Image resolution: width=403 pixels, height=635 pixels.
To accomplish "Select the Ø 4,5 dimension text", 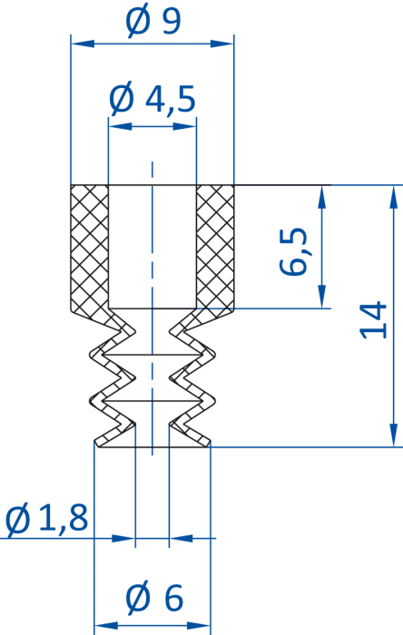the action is [x=152, y=99].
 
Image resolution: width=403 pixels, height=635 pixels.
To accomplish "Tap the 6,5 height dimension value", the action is [x=293, y=252].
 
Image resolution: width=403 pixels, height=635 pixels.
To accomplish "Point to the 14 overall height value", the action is [x=373, y=319].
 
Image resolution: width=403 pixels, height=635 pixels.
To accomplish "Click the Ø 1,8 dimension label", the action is [x=46, y=518].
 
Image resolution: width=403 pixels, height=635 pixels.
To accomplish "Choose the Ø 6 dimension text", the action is [x=154, y=598].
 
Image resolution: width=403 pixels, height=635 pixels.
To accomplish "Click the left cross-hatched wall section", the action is [x=90, y=249].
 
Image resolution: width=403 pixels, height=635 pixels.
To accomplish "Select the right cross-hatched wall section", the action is [x=215, y=249].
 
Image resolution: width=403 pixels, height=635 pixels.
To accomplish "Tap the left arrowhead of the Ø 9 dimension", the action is [x=83, y=44].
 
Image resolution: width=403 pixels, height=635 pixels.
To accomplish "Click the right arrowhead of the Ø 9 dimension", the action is [x=222, y=44].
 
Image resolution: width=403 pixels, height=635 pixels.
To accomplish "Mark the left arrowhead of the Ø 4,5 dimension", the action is [x=121, y=126].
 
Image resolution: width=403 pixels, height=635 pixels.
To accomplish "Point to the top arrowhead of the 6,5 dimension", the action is [x=322, y=197].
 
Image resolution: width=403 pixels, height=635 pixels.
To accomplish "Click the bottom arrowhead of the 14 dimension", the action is [x=393, y=435].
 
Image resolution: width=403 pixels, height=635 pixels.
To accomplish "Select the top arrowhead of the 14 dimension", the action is [x=393, y=197].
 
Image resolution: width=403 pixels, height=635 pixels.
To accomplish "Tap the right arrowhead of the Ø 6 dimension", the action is [x=199, y=626].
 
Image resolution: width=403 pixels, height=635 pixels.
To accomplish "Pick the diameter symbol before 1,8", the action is [x=18, y=519].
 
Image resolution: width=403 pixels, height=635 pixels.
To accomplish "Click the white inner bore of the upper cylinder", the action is [x=152, y=247].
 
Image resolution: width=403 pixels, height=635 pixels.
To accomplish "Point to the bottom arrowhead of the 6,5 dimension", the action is [x=322, y=297].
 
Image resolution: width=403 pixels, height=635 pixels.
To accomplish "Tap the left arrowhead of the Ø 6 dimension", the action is [x=106, y=626].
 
